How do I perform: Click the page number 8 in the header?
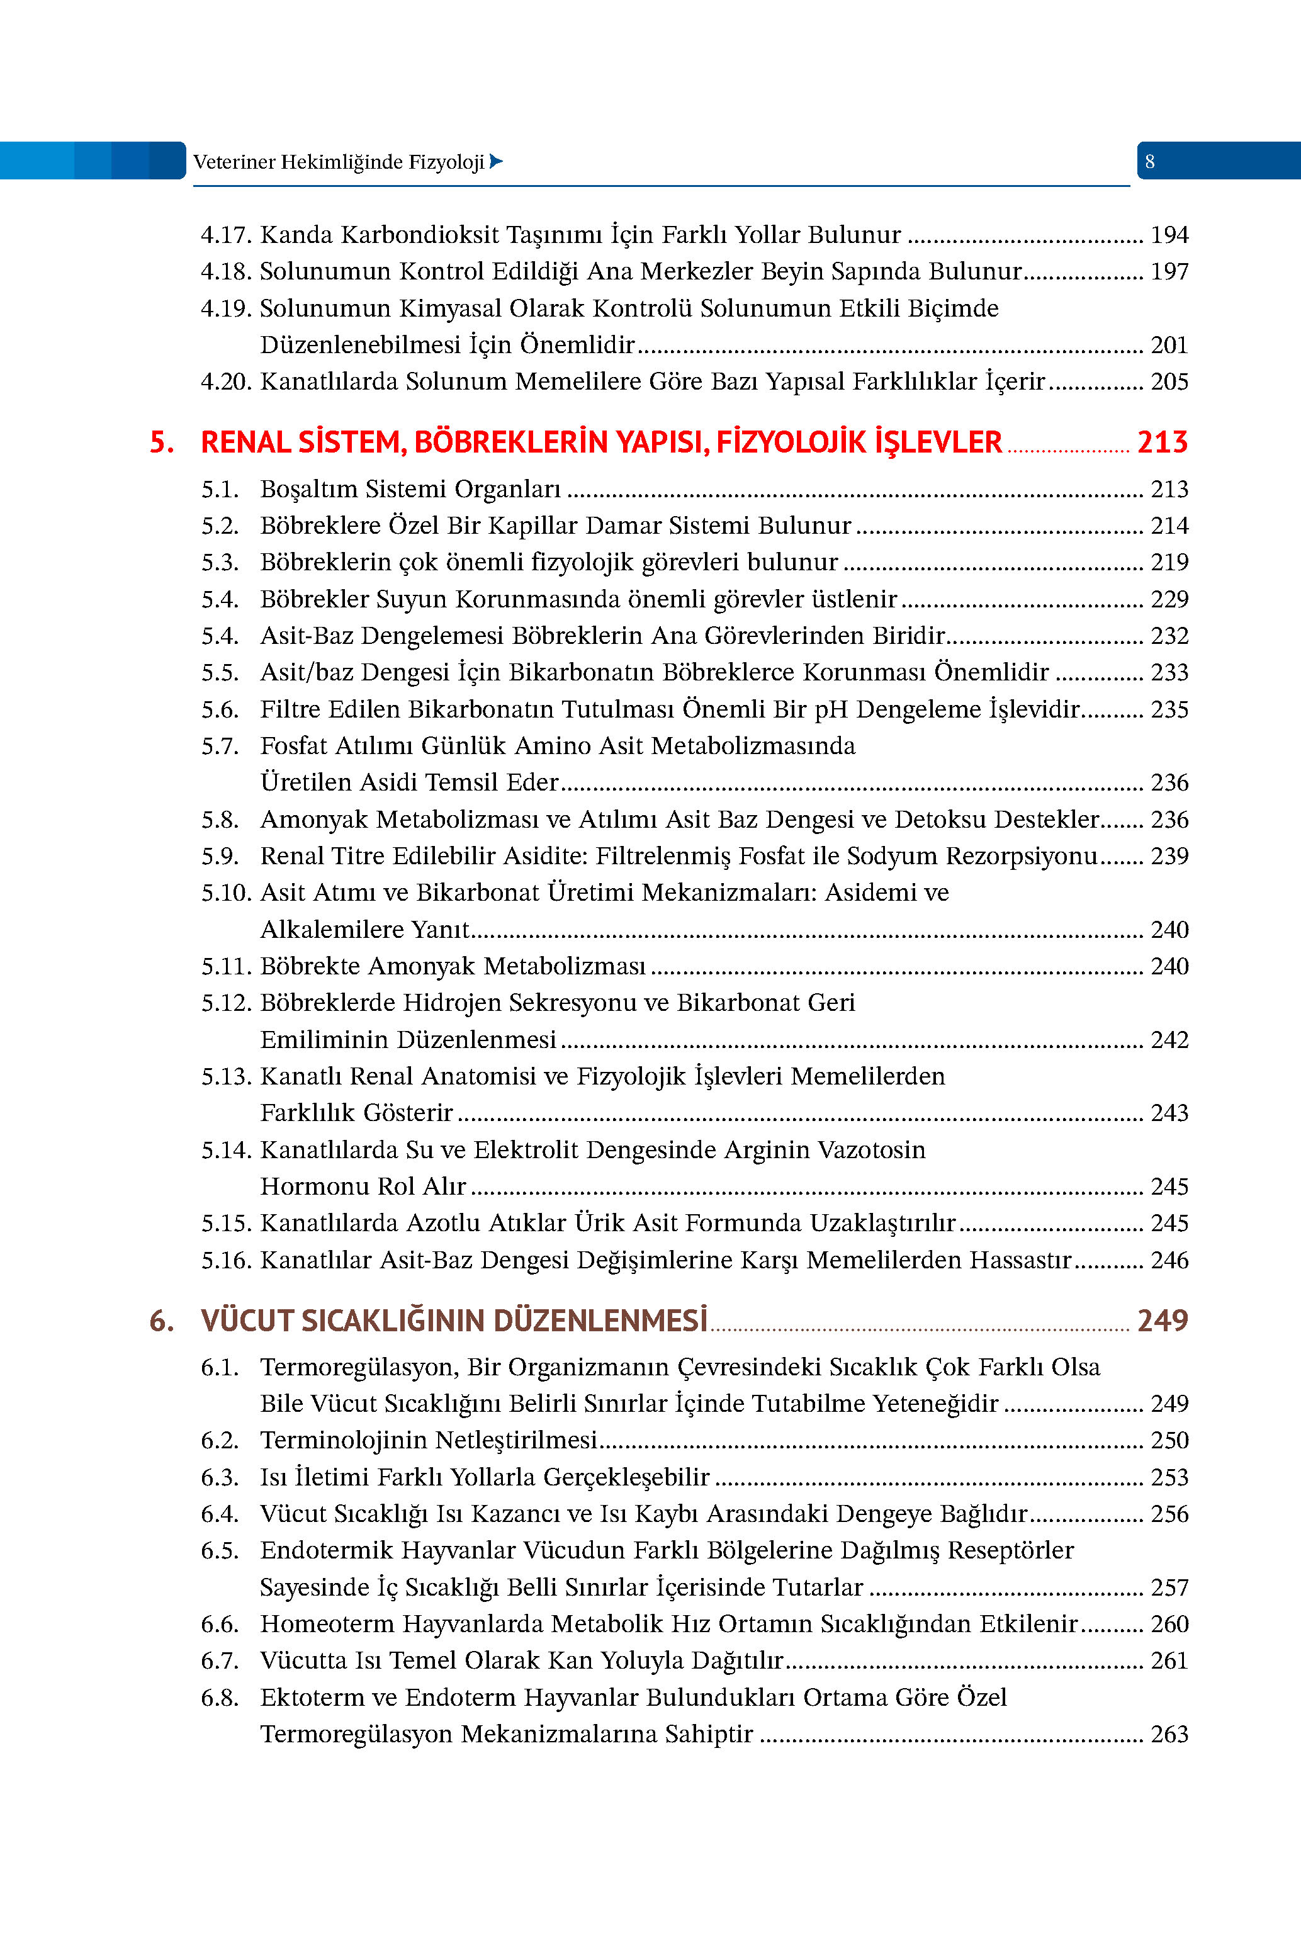(1149, 162)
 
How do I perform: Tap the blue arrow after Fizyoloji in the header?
(496, 162)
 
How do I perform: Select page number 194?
(1169, 235)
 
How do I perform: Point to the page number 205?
(1169, 381)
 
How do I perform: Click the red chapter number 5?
(162, 442)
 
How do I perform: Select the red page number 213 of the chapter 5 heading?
(1162, 442)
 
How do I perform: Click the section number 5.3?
(220, 563)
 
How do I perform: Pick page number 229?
(1169, 599)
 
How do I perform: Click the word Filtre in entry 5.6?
(290, 709)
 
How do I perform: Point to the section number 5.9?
(220, 856)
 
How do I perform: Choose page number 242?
(1169, 1039)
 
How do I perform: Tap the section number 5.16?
(226, 1260)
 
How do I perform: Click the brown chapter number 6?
(162, 1321)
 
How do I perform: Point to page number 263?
(1169, 1734)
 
